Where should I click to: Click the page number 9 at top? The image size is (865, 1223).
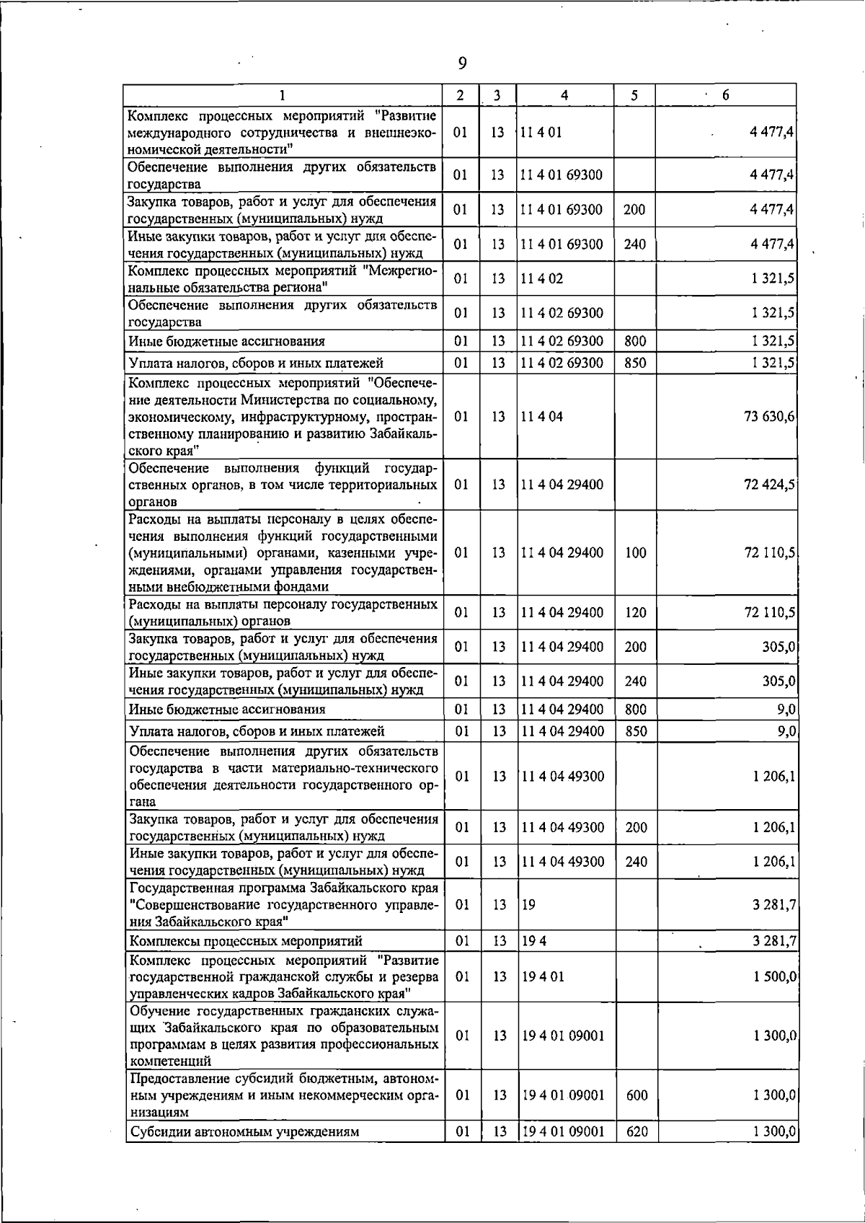462,64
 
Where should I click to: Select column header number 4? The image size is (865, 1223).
564,95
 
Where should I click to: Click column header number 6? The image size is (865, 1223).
726,95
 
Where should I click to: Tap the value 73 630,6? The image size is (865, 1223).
769,417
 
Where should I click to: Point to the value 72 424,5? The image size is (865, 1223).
769,484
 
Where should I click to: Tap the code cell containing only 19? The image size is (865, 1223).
528,904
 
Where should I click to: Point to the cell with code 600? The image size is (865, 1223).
637,1095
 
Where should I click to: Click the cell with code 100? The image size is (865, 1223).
635,552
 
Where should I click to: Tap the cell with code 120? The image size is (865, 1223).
635,613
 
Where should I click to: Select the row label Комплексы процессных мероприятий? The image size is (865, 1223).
245,941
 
